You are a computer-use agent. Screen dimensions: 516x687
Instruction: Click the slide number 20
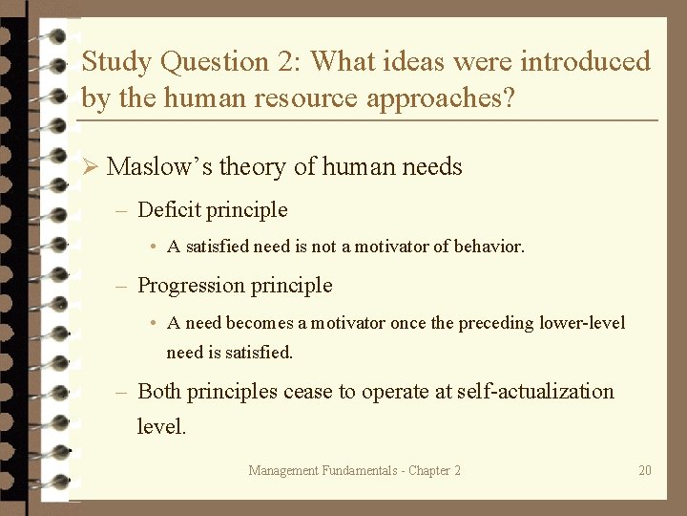[645, 470]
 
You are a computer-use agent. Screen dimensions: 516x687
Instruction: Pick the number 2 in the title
[287, 62]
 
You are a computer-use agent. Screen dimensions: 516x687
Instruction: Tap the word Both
[159, 391]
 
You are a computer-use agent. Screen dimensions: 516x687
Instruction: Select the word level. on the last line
[161, 426]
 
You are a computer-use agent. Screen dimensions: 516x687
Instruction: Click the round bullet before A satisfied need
[154, 247]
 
